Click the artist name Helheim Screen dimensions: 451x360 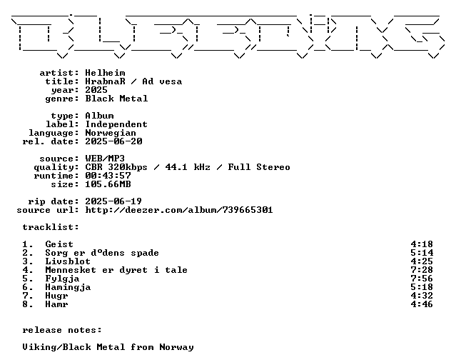[x=105, y=73]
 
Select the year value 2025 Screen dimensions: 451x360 [x=96, y=90]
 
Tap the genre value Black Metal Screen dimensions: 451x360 [x=116, y=99]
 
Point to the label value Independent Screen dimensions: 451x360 [x=116, y=124]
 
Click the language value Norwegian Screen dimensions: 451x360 [x=111, y=133]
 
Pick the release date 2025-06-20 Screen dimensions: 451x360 [x=113, y=141]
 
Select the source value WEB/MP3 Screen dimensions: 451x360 [x=105, y=159]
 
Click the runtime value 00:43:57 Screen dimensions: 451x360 [x=108, y=176]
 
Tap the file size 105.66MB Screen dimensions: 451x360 [x=108, y=184]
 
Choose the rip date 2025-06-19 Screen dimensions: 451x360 [x=113, y=201]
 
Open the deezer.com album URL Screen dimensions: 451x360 [x=179, y=210]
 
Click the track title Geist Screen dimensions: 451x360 [x=59, y=244]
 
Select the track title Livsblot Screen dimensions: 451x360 [x=68, y=261]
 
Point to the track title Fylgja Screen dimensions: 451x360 [x=62, y=279]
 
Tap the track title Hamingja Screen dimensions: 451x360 [x=68, y=287]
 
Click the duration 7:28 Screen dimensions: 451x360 [x=422, y=270]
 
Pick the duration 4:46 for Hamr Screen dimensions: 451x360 [x=422, y=304]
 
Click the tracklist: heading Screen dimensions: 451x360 [x=51, y=227]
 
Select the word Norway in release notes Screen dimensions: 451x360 [x=176, y=347]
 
